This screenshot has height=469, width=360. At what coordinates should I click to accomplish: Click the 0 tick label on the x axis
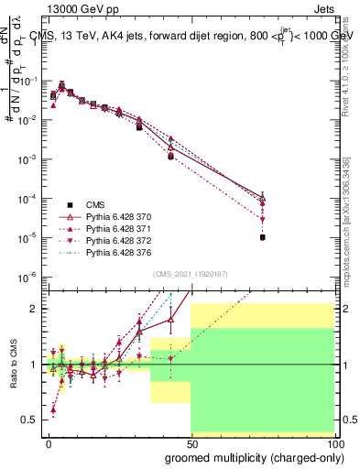49,442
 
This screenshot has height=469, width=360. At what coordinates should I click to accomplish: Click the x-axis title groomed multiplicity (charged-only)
249,456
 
